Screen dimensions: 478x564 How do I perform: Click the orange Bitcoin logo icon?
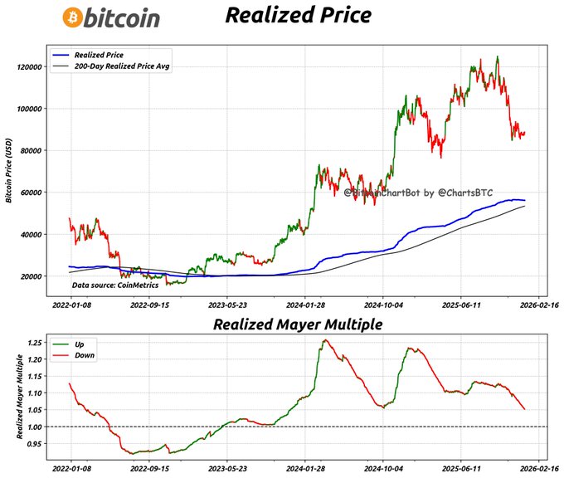(72, 17)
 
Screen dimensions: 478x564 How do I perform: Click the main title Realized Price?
(287, 16)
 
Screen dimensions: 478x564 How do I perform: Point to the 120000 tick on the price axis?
(30, 66)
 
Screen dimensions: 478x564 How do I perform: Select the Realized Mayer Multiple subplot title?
(297, 324)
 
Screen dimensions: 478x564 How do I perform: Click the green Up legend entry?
(80, 343)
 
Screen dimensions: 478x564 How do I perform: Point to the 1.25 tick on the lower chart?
(36, 342)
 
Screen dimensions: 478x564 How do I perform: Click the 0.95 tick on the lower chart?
(36, 443)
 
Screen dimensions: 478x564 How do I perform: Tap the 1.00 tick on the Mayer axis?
(36, 427)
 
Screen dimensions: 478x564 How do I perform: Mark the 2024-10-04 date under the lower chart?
(382, 468)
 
